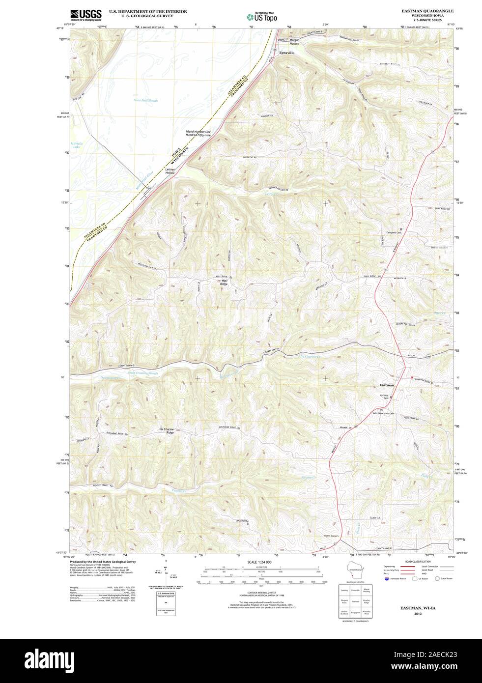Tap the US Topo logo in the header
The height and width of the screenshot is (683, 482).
(x=262, y=17)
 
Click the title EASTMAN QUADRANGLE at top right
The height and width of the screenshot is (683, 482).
(x=427, y=10)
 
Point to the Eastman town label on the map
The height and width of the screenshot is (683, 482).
(x=387, y=385)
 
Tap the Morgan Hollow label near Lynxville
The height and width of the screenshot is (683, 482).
(x=294, y=42)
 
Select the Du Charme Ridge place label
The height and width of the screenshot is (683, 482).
(x=167, y=431)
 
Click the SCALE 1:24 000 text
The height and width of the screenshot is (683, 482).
(x=259, y=562)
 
